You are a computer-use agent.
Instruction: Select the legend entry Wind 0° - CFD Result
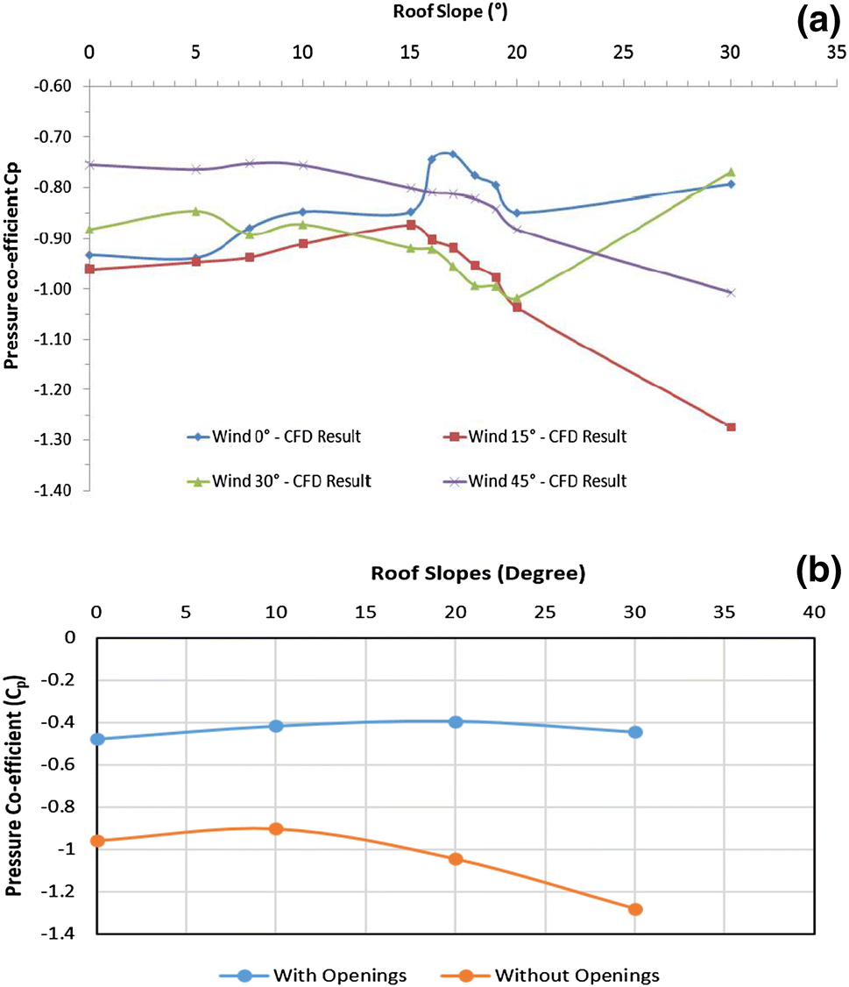click(273, 437)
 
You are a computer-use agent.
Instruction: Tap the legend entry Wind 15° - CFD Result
click(538, 437)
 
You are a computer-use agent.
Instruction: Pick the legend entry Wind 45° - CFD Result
click(538, 480)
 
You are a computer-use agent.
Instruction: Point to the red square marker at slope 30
click(731, 427)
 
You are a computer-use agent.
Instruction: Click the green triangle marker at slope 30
click(731, 173)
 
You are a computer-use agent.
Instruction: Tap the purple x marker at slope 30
click(731, 293)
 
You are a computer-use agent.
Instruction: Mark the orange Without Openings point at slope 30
click(635, 909)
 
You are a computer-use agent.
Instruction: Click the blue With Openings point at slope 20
click(456, 721)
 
